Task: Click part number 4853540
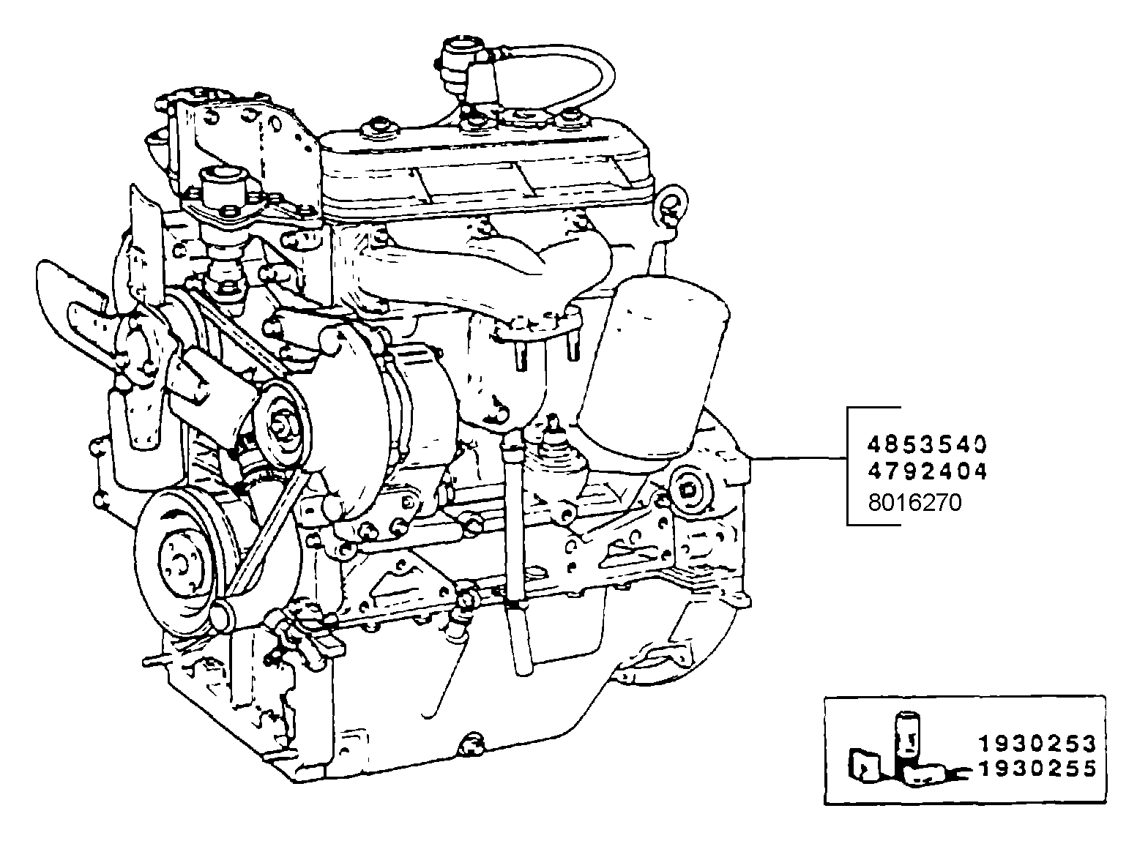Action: tap(927, 444)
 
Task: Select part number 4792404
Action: tap(927, 471)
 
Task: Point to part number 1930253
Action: tap(1037, 744)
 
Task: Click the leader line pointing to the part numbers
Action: tap(798, 459)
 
